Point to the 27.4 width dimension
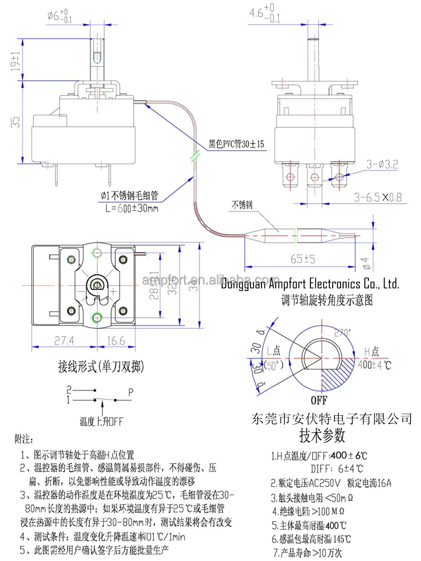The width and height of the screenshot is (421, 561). click(x=65, y=340)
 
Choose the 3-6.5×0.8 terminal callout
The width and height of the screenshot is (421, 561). click(x=377, y=197)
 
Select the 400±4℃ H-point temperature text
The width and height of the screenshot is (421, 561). click(x=375, y=363)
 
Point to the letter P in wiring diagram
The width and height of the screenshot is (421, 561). click(x=130, y=392)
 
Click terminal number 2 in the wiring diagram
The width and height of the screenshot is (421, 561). click(x=69, y=390)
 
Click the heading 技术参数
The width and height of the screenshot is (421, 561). click(x=322, y=436)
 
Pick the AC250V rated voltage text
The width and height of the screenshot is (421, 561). click(x=322, y=482)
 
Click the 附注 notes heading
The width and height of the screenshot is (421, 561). click(x=25, y=438)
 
